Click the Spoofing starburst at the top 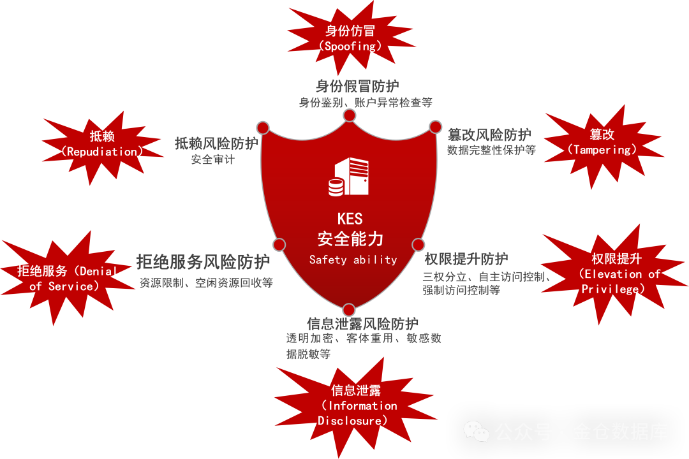coord(350,38)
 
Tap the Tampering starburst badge coord(602,142)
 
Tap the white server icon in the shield coord(349,177)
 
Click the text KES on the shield coord(350,219)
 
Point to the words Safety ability coord(353,259)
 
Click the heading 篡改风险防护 coord(489,135)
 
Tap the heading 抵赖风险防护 coord(216,143)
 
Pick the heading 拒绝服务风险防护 coord(203,261)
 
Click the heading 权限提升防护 coord(466,259)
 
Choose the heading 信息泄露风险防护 coord(362,324)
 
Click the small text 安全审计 coord(212,160)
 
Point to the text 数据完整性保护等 coord(491,150)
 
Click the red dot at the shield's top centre coord(349,115)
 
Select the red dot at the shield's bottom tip coord(349,310)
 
